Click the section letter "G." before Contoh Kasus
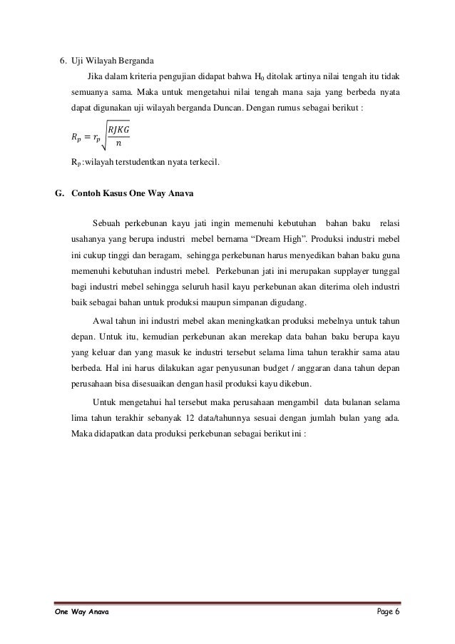pyautogui.click(x=59, y=194)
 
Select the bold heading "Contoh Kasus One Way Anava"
pyautogui.click(x=133, y=194)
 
